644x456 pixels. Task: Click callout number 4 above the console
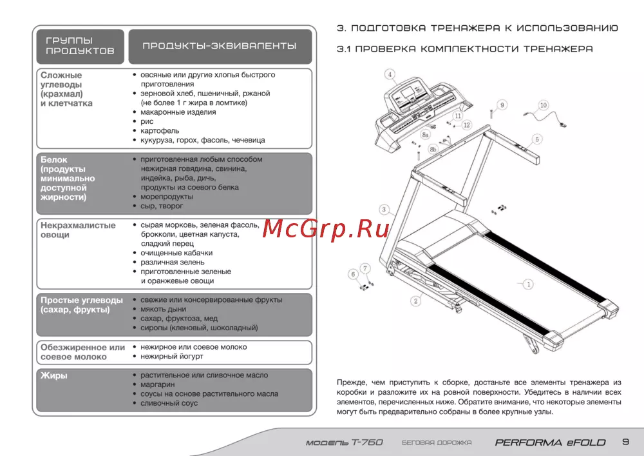[390, 74]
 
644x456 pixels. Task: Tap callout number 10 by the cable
[544, 105]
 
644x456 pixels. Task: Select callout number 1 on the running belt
[528, 284]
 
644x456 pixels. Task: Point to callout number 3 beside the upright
[384, 210]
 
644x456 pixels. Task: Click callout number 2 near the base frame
[415, 301]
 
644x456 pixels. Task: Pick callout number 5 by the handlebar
[537, 139]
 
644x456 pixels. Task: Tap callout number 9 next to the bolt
[502, 105]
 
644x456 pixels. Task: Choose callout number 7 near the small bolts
[365, 268]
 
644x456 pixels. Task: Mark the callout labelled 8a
[426, 134]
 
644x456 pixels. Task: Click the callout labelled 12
[466, 125]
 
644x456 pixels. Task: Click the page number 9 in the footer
[625, 442]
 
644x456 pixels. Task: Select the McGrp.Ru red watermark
[326, 228]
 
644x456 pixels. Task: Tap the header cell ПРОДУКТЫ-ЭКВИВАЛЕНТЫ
[220, 46]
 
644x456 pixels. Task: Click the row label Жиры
[54, 375]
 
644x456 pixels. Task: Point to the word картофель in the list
[160, 131]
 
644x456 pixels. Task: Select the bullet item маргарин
[158, 385]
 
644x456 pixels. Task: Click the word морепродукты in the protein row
[167, 197]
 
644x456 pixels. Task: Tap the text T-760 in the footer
[368, 442]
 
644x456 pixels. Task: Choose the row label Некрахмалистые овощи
[78, 230]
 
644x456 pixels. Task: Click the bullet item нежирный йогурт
[172, 357]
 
